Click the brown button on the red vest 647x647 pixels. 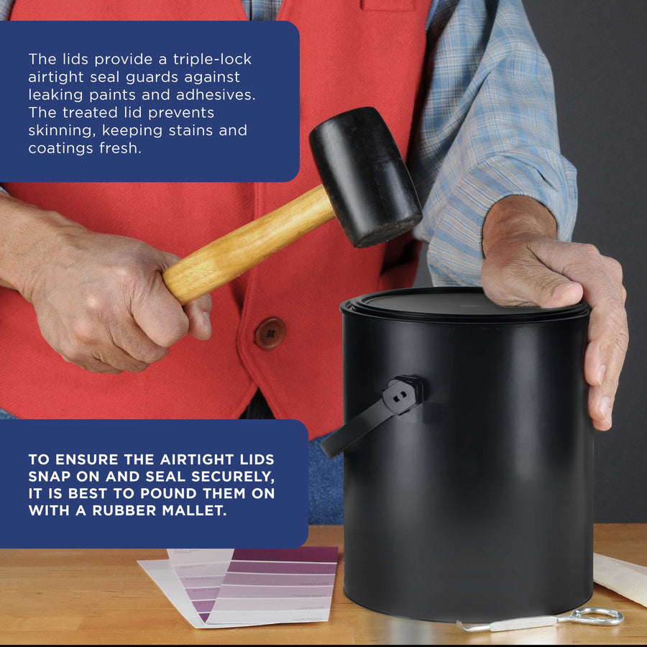coord(270,334)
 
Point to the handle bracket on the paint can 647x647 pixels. coord(403,395)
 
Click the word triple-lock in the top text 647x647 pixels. coord(212,60)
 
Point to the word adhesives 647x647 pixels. coord(216,95)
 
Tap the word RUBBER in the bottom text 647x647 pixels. coord(124,510)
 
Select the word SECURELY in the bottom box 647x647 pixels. coord(233,477)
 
